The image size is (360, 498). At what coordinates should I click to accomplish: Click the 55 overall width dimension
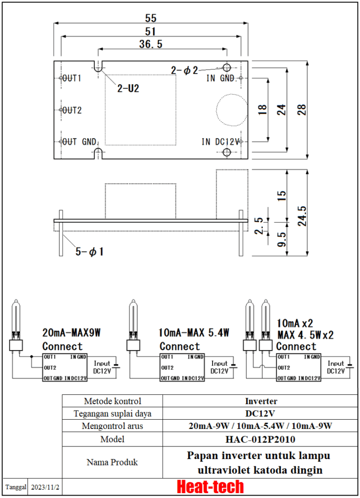pos(151,18)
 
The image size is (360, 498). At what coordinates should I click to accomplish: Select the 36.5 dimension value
pos(151,44)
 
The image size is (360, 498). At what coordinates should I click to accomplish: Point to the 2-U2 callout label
pos(128,89)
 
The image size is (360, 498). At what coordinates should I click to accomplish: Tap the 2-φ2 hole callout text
pos(184,71)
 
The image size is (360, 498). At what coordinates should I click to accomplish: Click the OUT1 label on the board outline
pos(72,78)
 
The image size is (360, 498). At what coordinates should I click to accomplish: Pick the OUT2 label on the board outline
pos(72,110)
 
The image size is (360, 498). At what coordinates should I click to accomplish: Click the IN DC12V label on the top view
pos(220,142)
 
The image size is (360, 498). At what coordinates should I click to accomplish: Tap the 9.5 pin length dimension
pos(281,239)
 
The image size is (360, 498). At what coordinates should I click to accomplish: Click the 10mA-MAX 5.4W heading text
pos(194,333)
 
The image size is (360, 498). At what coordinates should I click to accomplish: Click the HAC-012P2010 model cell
pos(260,439)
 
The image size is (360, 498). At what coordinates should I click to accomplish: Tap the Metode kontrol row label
pos(112,401)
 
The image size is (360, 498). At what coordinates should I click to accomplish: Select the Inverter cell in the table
pos(260,401)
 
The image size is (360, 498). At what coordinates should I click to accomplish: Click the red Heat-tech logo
pos(210,486)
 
